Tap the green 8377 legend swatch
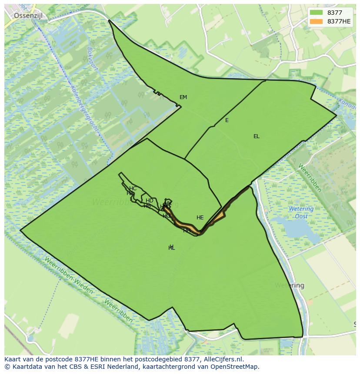(317, 13)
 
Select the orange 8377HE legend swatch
(317, 21)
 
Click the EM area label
(183, 97)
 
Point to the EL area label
(257, 136)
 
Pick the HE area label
(200, 218)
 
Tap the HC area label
(133, 189)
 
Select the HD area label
(149, 201)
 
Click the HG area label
(167, 216)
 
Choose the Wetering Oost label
(301, 212)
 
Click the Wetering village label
(289, 286)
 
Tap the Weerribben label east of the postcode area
(310, 177)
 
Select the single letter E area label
(227, 120)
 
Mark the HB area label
(147, 206)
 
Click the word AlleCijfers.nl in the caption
(223, 359)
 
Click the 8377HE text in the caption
(89, 359)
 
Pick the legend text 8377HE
(339, 21)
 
